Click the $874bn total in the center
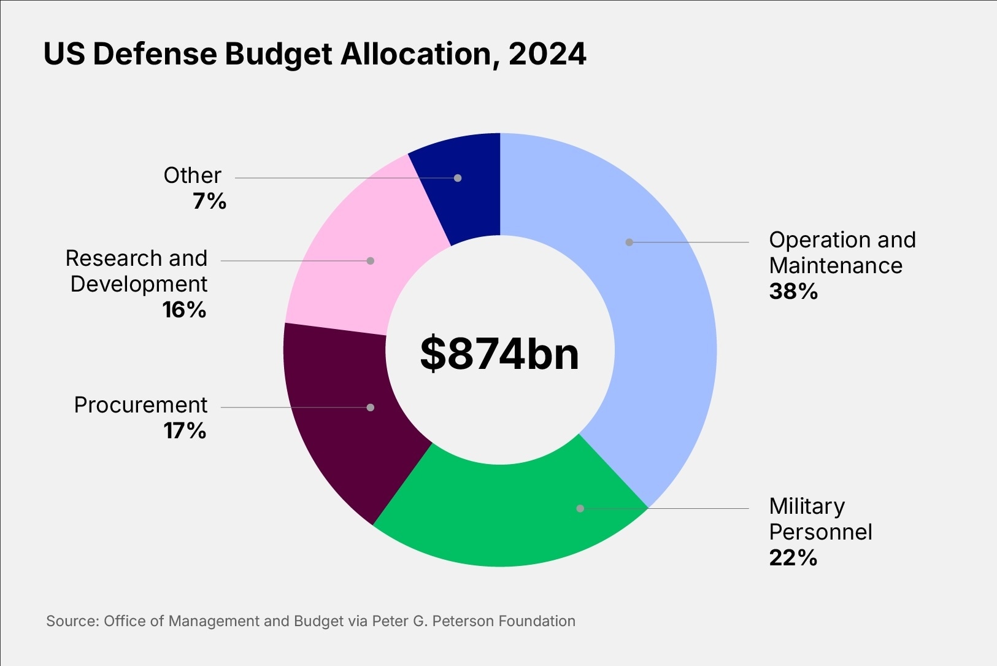499,354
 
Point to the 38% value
793,292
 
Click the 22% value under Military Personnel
793,558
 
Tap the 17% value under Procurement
185,431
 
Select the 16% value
184,310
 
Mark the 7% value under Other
209,201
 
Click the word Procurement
141,405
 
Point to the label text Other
192,176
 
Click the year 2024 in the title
547,54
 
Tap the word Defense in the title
155,54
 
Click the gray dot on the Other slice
458,178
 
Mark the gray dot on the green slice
580,508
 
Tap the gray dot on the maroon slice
371,407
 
